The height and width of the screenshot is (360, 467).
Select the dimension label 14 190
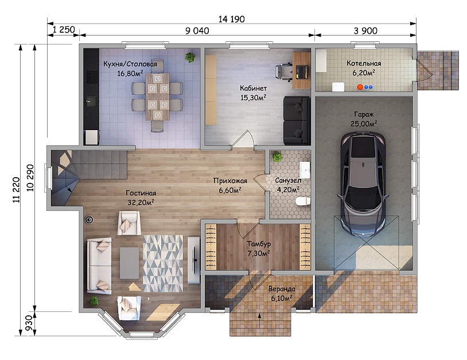pyautogui.click(x=231, y=19)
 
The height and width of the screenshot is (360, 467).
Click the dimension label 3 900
pyautogui.click(x=365, y=30)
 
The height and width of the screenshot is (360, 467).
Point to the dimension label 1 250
pyautogui.click(x=64, y=30)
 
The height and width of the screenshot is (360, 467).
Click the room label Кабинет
pyautogui.click(x=253, y=88)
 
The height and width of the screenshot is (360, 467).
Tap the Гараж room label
pyautogui.click(x=364, y=114)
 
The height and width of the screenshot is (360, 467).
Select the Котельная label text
pyautogui.click(x=364, y=64)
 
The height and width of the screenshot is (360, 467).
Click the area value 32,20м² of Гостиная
pyautogui.click(x=141, y=202)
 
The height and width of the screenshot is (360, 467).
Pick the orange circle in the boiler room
pyautogui.click(x=360, y=87)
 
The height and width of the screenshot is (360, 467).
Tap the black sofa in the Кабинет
pyautogui.click(x=297, y=120)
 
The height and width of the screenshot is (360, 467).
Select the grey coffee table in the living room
pyautogui.click(x=129, y=263)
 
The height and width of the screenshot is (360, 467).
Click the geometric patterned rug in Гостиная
pyautogui.click(x=163, y=264)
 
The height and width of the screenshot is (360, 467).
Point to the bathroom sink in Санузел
pyautogui.click(x=305, y=170)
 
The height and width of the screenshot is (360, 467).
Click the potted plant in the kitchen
pyautogui.click(x=189, y=57)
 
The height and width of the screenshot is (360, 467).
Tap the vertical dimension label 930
pyautogui.click(x=29, y=323)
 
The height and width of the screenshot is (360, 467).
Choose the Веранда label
pyautogui.click(x=282, y=289)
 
